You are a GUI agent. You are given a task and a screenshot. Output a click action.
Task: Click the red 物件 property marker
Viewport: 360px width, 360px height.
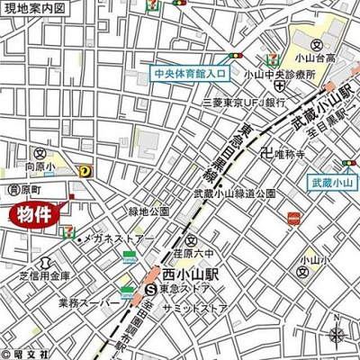[x=40, y=215]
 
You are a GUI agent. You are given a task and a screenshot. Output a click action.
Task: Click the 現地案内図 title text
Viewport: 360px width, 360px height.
[x=34, y=7]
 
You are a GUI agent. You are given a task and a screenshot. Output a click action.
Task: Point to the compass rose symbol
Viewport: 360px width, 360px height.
[x=337, y=336]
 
